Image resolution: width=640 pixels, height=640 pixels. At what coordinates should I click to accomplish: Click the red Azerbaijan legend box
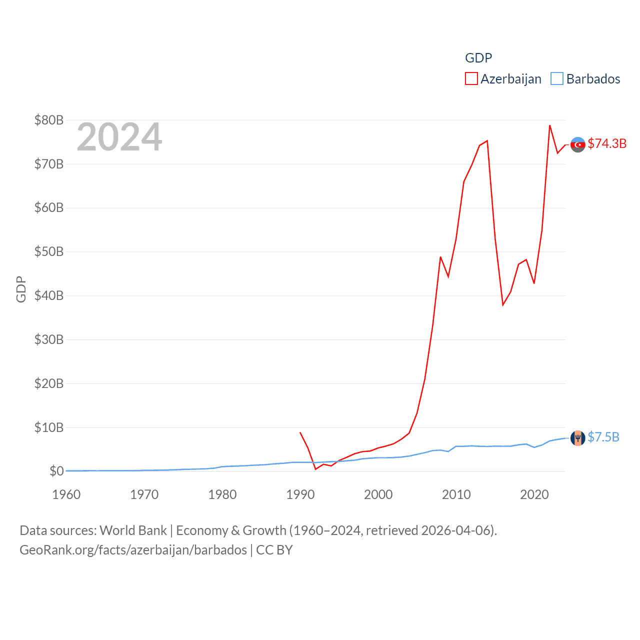tap(471, 79)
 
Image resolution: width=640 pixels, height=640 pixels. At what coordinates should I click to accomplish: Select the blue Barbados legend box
tap(556, 79)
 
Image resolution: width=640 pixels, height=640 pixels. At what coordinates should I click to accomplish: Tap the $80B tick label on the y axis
tap(49, 120)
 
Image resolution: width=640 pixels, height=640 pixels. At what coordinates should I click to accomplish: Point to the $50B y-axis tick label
tap(49, 251)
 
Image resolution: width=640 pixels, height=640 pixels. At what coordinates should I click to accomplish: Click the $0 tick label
tap(56, 471)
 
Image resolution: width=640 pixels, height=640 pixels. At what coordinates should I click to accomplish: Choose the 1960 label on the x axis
tap(66, 494)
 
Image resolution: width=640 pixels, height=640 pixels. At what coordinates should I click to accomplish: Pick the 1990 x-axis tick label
tap(300, 494)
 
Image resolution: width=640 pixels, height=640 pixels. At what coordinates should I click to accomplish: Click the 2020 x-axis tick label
tap(534, 494)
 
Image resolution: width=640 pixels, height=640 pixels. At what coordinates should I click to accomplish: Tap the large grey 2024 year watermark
tap(119, 137)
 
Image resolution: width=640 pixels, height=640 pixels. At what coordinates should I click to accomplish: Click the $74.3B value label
tap(607, 143)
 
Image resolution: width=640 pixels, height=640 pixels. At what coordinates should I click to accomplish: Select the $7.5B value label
tap(603, 437)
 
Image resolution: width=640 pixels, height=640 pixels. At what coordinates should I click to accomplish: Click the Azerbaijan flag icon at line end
tap(578, 144)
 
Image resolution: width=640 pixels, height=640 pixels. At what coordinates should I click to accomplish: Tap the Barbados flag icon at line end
tap(578, 438)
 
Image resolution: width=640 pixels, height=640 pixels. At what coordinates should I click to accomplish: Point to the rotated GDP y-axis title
tap(21, 289)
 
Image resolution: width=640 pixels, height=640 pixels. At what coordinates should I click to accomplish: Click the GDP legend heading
tap(478, 58)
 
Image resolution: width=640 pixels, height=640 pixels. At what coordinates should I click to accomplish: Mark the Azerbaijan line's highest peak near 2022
tap(549, 125)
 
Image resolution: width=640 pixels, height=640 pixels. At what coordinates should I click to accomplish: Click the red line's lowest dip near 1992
tap(315, 469)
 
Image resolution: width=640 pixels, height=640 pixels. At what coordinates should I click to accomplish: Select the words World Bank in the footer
tap(133, 530)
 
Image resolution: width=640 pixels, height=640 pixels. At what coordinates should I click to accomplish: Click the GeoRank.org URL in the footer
tap(133, 550)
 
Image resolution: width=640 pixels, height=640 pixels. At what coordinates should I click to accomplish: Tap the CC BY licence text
tap(274, 550)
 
